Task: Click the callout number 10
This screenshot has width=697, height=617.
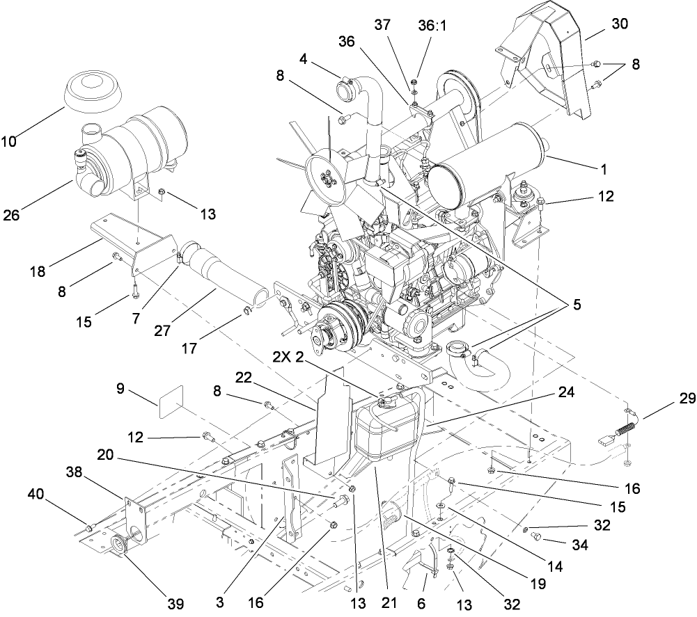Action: [9, 142]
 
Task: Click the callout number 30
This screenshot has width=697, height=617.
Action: [619, 23]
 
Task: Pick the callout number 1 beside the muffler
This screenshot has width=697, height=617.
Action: [603, 168]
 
